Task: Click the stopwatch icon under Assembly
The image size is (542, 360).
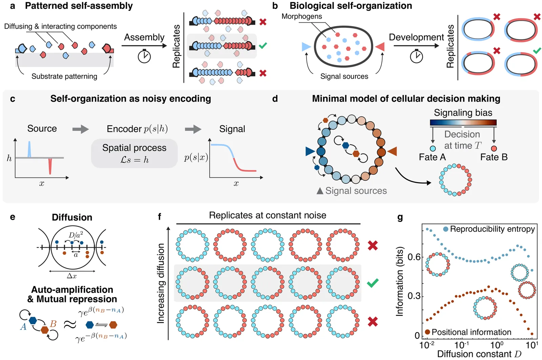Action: click(144, 56)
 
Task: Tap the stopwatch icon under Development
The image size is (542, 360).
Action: click(416, 56)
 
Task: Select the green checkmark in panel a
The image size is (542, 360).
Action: click(263, 45)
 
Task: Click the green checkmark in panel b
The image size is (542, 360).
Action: click(537, 51)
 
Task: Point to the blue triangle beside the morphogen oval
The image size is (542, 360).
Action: click(306, 47)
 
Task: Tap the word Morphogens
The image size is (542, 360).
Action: click(301, 16)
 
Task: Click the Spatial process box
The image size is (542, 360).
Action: click(134, 154)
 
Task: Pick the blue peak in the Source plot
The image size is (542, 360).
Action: click(29, 149)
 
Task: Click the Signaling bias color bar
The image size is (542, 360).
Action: click(463, 122)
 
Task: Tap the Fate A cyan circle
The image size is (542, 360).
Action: click(433, 148)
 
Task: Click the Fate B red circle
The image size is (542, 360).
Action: click(494, 148)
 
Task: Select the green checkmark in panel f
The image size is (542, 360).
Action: click(373, 283)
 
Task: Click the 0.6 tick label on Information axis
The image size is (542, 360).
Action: click(414, 257)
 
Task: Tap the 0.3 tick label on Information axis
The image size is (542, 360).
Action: click(414, 296)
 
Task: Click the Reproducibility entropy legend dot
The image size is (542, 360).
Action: click(446, 229)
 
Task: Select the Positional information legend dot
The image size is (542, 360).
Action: click(428, 332)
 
